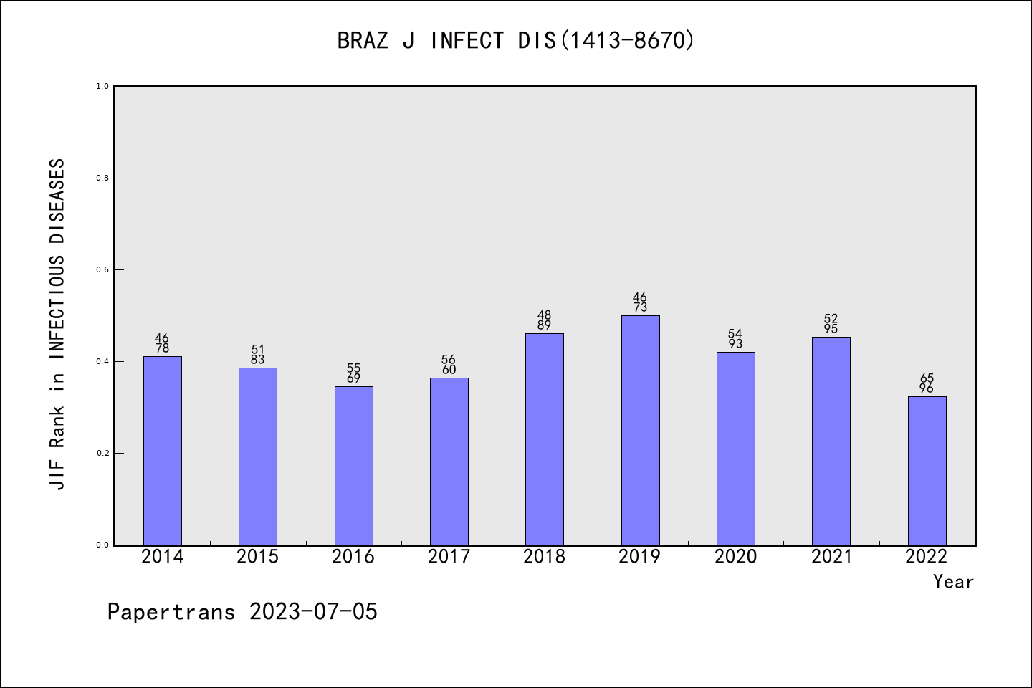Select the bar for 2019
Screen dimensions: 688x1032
tap(640, 430)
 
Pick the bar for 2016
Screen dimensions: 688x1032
tap(353, 466)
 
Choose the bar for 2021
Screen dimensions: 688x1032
tap(831, 441)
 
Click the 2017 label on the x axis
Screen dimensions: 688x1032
tap(449, 557)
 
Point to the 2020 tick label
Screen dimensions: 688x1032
tap(735, 557)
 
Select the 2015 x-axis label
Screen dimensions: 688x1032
tap(258, 557)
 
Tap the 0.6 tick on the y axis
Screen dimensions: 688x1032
tap(102, 269)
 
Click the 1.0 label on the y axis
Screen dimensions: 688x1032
tap(102, 86)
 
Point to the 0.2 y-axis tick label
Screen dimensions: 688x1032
tap(102, 453)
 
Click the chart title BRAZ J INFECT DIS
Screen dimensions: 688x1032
tap(516, 41)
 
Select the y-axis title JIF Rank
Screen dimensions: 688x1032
tap(57, 324)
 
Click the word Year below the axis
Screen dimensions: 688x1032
tap(953, 582)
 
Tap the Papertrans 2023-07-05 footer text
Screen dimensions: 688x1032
tap(242, 612)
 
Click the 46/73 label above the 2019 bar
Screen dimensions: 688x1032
tap(640, 302)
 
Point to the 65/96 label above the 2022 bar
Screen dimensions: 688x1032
tap(927, 383)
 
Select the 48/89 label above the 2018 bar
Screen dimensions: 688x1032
tap(545, 320)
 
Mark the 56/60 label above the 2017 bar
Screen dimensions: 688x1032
tap(449, 365)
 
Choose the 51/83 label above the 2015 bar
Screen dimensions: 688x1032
tap(258, 355)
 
